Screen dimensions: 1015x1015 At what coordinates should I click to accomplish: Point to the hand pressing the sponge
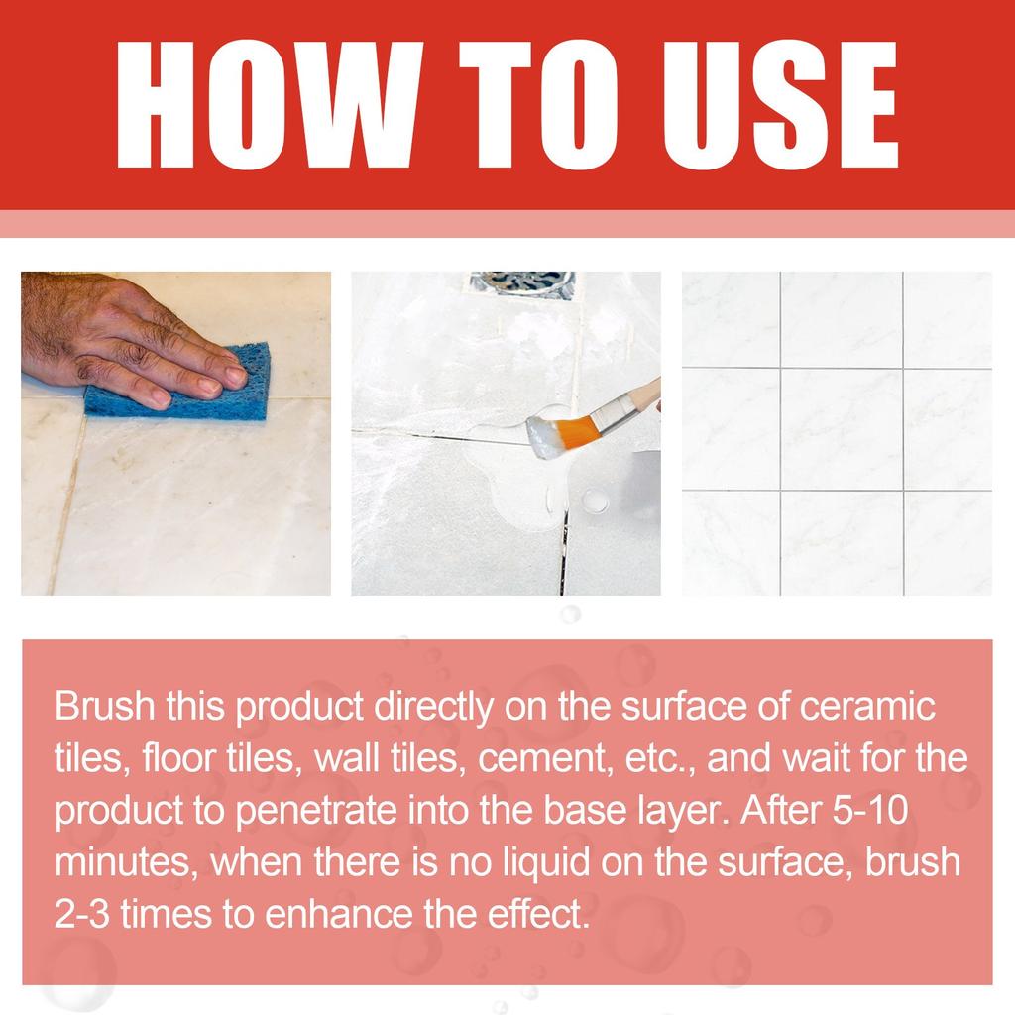[x=119, y=337]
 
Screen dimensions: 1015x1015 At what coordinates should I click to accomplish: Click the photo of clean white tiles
[x=837, y=432]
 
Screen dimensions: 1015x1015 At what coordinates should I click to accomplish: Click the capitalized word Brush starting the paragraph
[x=104, y=707]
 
